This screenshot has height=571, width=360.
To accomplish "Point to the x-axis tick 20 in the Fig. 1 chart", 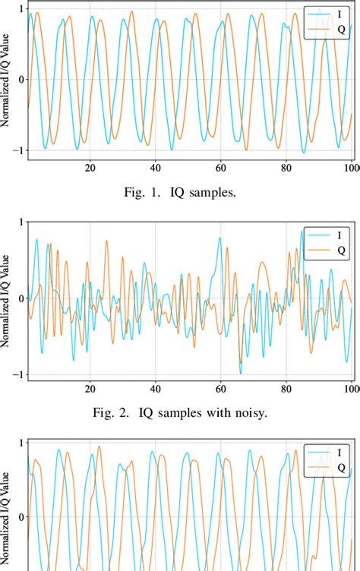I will tap(90, 168).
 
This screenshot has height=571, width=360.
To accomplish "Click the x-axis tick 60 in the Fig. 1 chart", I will tap(220, 168).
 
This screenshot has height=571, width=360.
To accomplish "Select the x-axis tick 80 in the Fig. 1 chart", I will tap(286, 168).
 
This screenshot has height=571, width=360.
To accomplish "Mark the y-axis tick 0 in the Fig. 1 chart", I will tap(21, 79).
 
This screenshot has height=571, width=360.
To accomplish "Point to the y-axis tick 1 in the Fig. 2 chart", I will tap(21, 222).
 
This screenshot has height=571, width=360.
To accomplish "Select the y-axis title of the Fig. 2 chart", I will tap(6, 298).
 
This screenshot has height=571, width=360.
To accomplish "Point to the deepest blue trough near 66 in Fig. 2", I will tap(241, 372).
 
